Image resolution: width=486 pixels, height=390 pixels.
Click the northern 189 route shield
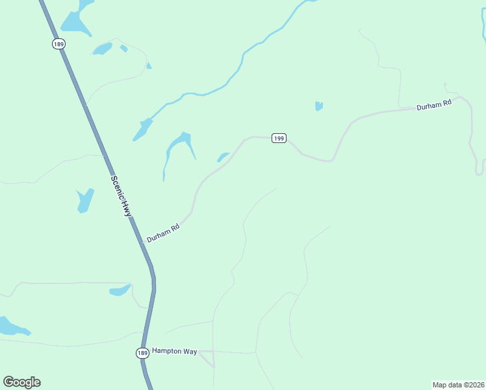[60, 43]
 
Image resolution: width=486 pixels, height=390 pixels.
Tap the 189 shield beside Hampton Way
[143, 352]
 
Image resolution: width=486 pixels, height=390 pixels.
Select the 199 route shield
[279, 138]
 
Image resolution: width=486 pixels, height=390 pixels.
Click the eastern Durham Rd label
[433, 105]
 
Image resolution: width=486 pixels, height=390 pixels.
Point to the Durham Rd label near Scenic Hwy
[162, 233]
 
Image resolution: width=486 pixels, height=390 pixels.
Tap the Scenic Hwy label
[120, 196]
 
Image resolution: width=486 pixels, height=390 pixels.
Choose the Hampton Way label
[174, 351]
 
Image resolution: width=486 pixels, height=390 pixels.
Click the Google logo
[21, 382]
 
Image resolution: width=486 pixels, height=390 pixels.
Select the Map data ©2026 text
[458, 384]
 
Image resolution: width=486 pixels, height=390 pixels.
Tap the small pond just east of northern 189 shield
[102, 49]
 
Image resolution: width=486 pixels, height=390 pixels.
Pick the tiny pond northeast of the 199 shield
[318, 106]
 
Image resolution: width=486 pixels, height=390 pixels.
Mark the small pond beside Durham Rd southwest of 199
[223, 157]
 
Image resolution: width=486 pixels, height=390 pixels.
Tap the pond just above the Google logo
[13, 326]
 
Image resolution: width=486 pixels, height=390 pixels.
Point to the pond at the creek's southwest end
[142, 129]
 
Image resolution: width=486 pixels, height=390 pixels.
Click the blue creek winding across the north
[243, 62]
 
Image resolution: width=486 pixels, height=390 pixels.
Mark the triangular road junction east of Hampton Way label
[208, 357]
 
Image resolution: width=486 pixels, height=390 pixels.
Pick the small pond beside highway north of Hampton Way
[121, 290]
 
